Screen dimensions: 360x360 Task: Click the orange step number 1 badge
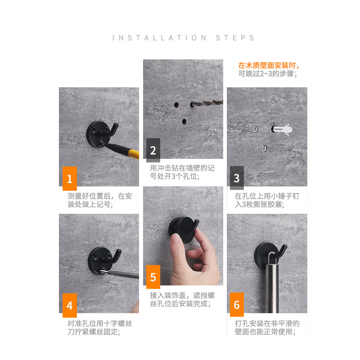pos(70,178)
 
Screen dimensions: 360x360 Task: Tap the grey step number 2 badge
pos(153,150)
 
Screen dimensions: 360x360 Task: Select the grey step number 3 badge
pos(237,178)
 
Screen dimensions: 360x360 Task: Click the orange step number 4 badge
pos(70,306)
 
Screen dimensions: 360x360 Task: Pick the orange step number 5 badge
pos(153,277)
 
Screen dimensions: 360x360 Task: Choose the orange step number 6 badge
pos(237,305)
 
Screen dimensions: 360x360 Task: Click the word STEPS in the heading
pos(235,38)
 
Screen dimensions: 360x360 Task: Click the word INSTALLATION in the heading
pos(160,38)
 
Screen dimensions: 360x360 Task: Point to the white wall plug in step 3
pos(283,130)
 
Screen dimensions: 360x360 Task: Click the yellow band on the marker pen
pos(134,154)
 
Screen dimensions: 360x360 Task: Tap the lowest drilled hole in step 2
pos(184,121)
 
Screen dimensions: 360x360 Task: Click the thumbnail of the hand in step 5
pos(176,238)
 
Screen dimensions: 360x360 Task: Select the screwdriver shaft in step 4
pos(124,274)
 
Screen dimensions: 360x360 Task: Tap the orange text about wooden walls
pos(269,66)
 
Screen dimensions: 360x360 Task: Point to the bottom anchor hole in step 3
pos(265,148)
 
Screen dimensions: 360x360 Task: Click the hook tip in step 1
pos(116,125)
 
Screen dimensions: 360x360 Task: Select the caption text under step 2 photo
pos(182,172)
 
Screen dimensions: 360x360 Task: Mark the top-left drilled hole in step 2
pos(176,105)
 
